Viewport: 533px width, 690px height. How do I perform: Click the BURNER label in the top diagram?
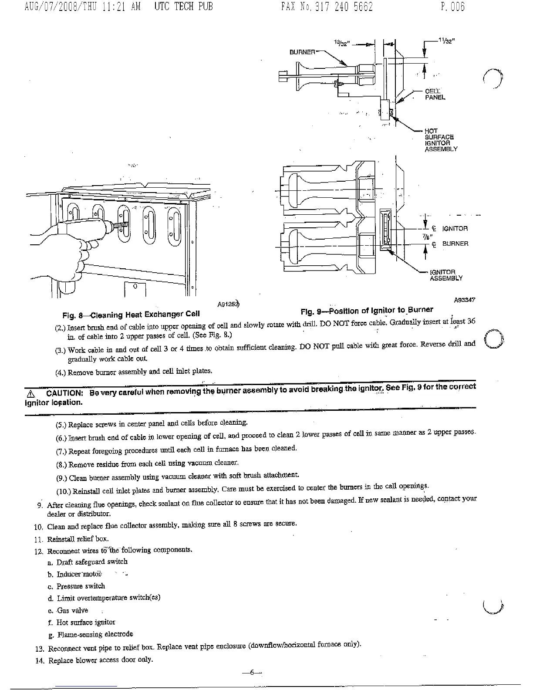point(302,52)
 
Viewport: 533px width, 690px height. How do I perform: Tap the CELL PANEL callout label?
point(435,95)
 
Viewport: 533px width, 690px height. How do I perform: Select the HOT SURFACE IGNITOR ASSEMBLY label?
point(441,140)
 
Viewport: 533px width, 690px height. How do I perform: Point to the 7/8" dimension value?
point(425,237)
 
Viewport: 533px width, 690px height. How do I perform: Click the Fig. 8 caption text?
point(131,314)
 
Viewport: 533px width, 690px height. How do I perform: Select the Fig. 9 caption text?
point(367,311)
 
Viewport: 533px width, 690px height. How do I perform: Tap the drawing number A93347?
point(464,300)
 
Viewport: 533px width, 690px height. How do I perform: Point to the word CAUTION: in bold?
point(64,393)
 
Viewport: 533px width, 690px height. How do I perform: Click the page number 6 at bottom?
point(251,672)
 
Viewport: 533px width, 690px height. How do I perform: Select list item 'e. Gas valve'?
point(68,610)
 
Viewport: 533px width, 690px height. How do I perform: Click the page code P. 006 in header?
point(452,7)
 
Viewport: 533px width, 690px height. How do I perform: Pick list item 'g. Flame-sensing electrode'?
point(90,634)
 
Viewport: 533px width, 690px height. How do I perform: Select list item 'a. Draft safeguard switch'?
point(88,562)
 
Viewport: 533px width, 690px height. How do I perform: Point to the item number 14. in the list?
point(40,661)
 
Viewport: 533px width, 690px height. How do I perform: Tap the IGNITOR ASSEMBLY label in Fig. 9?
point(445,275)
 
